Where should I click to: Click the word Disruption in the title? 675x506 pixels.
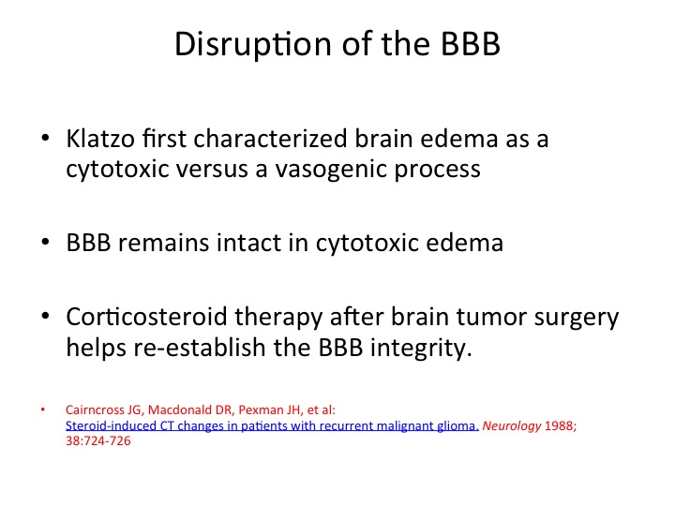coord(254,44)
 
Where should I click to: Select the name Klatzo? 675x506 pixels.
coord(100,139)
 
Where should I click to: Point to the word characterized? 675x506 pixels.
coord(270,139)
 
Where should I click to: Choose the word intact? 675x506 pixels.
coord(248,243)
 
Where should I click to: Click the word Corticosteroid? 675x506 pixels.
coord(146,317)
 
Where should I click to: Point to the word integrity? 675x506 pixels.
coord(421,349)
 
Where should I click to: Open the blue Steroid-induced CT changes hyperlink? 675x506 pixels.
coord(272,426)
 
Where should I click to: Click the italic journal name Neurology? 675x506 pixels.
coord(512,426)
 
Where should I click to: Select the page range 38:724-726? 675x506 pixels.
coord(98,441)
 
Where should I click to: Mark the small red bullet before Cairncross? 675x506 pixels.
coord(42,409)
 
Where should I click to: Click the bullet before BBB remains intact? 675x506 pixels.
coord(45,242)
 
